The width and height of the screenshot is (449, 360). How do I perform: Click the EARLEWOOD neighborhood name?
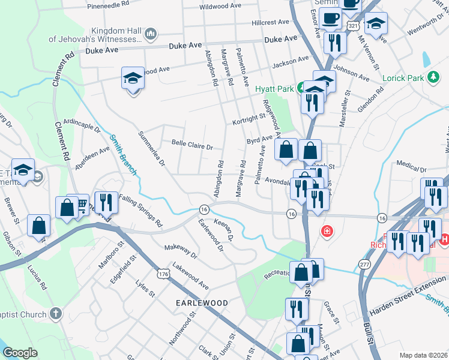pos(202,303)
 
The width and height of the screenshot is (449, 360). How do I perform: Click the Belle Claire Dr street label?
pos(192,146)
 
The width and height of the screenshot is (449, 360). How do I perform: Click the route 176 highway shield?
pos(163,273)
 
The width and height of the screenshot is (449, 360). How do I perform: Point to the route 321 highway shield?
pos(354,26)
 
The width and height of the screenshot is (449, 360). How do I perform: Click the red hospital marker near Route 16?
pos(327,231)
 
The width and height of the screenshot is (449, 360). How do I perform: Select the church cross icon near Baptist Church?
pos(55,313)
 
